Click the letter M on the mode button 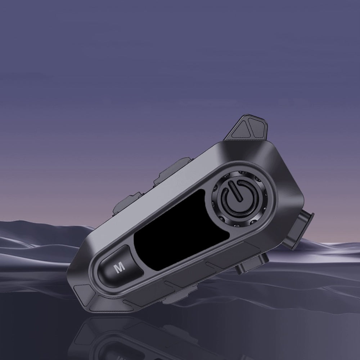[x=120, y=267]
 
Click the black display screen [x=181, y=230]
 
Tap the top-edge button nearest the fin [x=172, y=169]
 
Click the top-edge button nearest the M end [x=127, y=202]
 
